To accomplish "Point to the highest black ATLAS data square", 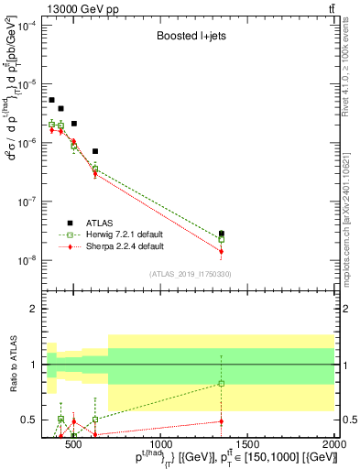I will pyautogui.click(x=51, y=100).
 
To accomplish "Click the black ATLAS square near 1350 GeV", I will pyautogui.click(x=221, y=234).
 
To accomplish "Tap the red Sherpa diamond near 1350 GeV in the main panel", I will pyautogui.click(x=221, y=251).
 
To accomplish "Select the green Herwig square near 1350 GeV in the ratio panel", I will pyautogui.click(x=221, y=384).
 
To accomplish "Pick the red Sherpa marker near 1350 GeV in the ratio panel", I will pyautogui.click(x=221, y=421).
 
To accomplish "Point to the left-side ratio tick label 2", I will pyautogui.click(x=31, y=309).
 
